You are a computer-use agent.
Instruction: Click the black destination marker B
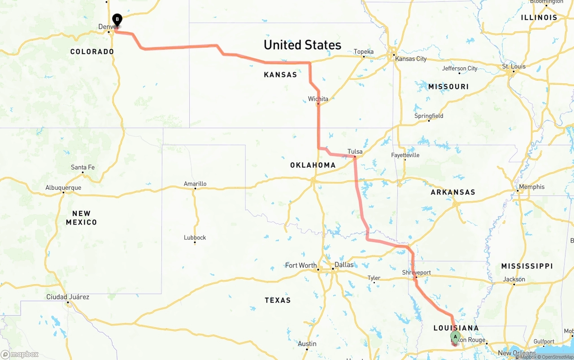pos(117,20)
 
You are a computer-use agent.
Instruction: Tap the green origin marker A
pos(455,337)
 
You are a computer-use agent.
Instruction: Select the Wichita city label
pos(318,99)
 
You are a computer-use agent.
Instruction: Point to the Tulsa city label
pos(355,152)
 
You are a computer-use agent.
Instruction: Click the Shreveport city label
pos(416,273)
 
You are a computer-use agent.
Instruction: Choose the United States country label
pos(302,45)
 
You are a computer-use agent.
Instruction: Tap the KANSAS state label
pos(280,75)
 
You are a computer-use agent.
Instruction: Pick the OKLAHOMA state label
pos(313,165)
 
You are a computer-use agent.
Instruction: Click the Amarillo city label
pos(195,184)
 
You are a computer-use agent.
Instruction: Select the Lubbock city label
pos(195,238)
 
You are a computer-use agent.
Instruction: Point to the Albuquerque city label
pos(63,188)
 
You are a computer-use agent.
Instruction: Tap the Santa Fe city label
pos(83,168)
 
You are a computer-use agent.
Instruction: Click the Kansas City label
pos(410,59)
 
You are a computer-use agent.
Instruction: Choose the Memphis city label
pos(531,187)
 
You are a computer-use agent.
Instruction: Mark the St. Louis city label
pos(513,66)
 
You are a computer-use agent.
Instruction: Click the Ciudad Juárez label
pos(68,297)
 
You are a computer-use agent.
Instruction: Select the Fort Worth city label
pos(300,265)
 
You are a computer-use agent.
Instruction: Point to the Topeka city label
pos(363,52)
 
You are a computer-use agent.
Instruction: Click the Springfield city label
pos(429,116)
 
